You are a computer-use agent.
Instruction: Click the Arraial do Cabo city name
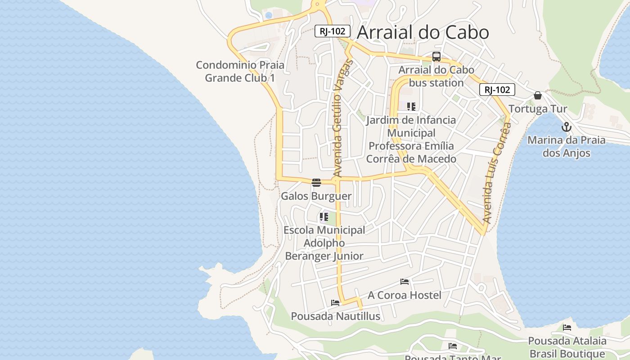423,32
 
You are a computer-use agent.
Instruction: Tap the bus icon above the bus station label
436,57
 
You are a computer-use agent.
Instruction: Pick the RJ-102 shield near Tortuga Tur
497,90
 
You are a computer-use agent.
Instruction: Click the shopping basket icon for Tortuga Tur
537,95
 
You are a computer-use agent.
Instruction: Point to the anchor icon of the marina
567,126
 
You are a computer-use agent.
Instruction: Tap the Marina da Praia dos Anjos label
567,146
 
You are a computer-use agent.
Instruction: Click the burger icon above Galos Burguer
316,182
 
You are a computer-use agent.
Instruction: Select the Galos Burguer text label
316,196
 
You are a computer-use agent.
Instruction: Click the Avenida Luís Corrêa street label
497,173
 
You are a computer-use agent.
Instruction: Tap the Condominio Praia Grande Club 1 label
240,71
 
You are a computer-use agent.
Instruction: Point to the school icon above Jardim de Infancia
411,107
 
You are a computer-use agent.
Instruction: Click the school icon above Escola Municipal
324,217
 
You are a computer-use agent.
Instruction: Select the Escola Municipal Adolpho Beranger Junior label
324,243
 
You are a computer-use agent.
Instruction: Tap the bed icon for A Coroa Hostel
405,282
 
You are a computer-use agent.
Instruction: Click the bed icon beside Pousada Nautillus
335,302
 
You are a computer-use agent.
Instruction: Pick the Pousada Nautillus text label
335,316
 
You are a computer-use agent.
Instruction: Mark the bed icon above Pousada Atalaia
567,327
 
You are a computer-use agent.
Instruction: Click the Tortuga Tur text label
538,109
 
